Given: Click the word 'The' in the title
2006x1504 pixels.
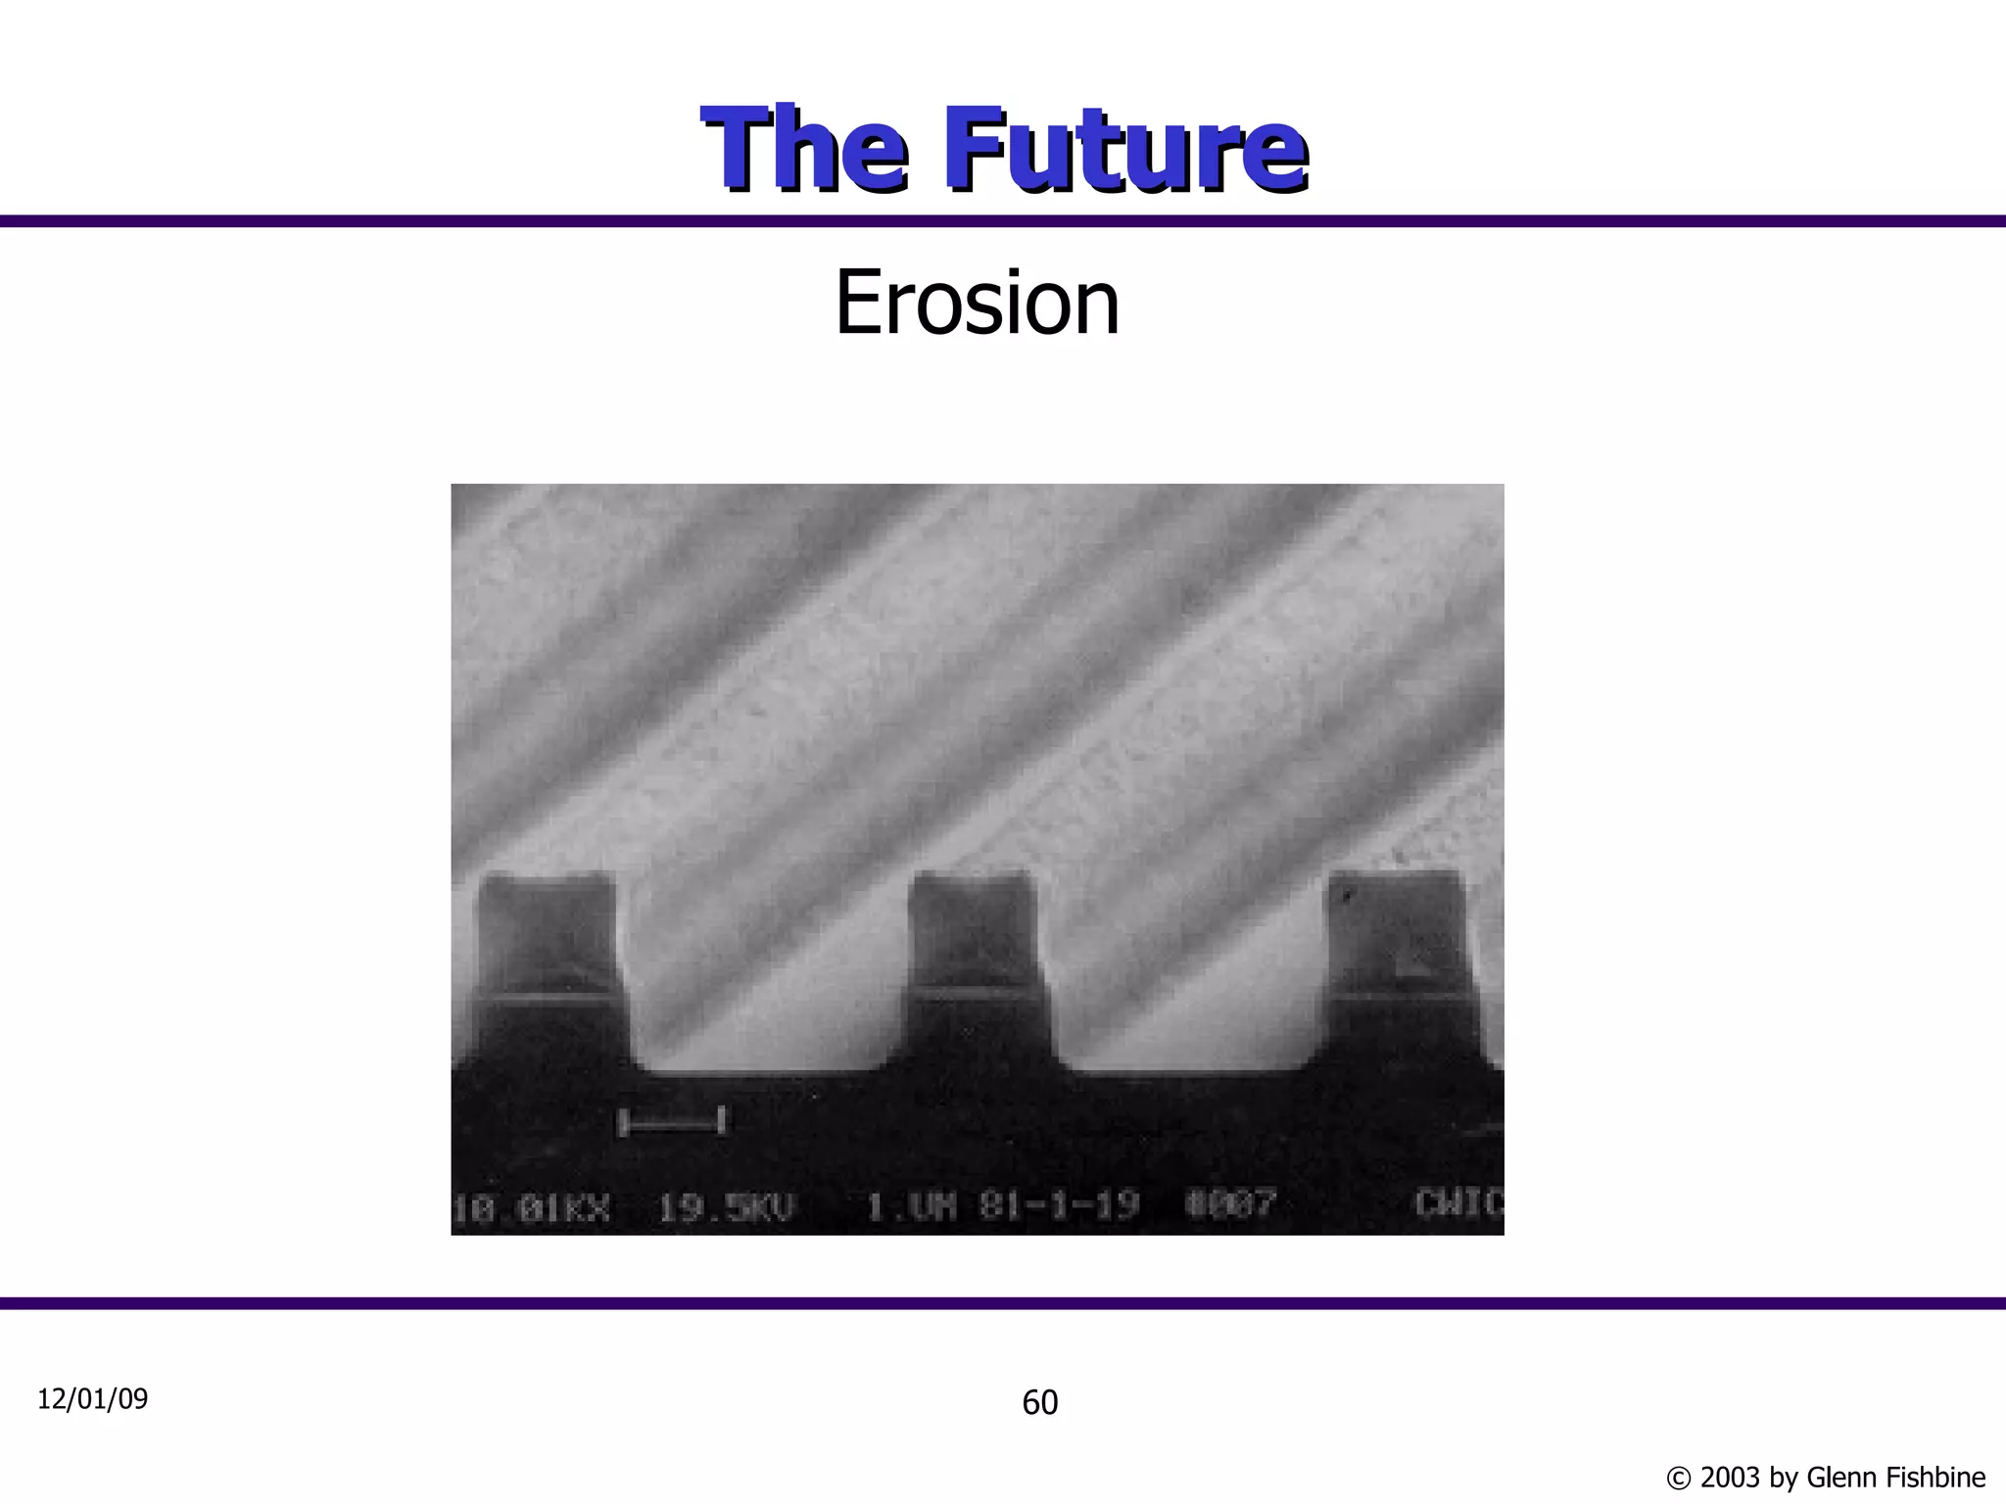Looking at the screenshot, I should click(x=803, y=150).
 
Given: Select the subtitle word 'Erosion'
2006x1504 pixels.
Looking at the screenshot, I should click(x=977, y=304).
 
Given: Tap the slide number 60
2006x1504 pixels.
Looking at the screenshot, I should click(x=1039, y=1403).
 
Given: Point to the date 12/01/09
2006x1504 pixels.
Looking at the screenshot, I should click(x=92, y=1399).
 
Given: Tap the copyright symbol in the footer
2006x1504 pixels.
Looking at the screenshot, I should click(x=1678, y=1478).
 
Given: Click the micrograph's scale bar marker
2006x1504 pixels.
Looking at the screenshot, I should click(x=672, y=1122).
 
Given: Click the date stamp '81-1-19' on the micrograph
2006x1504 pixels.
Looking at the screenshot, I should click(x=1059, y=1204).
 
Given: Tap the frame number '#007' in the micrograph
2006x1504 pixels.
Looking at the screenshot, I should click(x=1230, y=1203).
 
